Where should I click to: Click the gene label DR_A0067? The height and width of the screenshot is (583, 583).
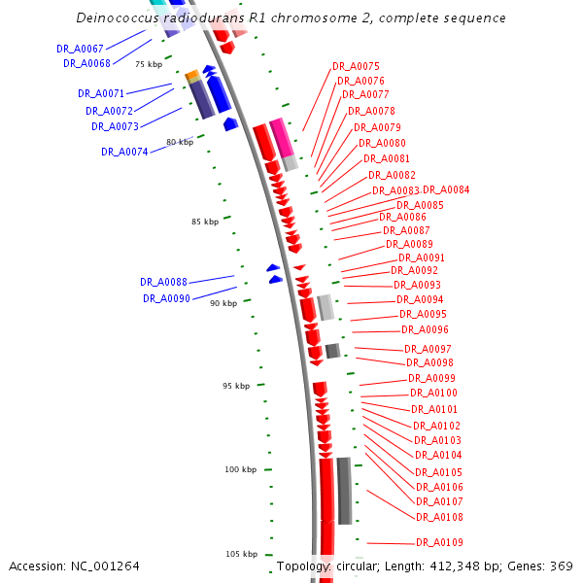point(80,48)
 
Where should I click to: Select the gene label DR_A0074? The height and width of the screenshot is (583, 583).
point(124,152)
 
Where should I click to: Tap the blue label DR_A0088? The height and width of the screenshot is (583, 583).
point(163,282)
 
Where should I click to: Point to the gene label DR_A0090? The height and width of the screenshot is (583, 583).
point(166,298)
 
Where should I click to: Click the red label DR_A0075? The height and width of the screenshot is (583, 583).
point(356,66)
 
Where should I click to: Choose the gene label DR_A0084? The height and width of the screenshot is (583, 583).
point(446,189)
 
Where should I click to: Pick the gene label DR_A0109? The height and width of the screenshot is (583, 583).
point(439,542)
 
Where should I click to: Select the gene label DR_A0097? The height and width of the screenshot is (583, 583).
point(428,349)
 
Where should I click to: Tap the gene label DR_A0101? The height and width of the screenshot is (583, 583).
point(434,409)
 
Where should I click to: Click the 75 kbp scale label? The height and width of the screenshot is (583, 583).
point(149,64)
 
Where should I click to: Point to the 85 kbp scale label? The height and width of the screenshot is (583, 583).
point(204,223)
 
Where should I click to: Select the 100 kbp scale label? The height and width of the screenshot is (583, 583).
point(240,470)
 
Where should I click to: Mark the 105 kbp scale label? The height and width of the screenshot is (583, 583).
point(241,554)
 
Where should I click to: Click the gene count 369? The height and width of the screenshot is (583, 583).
point(563,566)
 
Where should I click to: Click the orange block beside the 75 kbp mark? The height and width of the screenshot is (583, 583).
point(192,76)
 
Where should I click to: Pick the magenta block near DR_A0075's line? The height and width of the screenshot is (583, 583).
point(280,137)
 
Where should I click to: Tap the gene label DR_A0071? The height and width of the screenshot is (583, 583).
point(101,93)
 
